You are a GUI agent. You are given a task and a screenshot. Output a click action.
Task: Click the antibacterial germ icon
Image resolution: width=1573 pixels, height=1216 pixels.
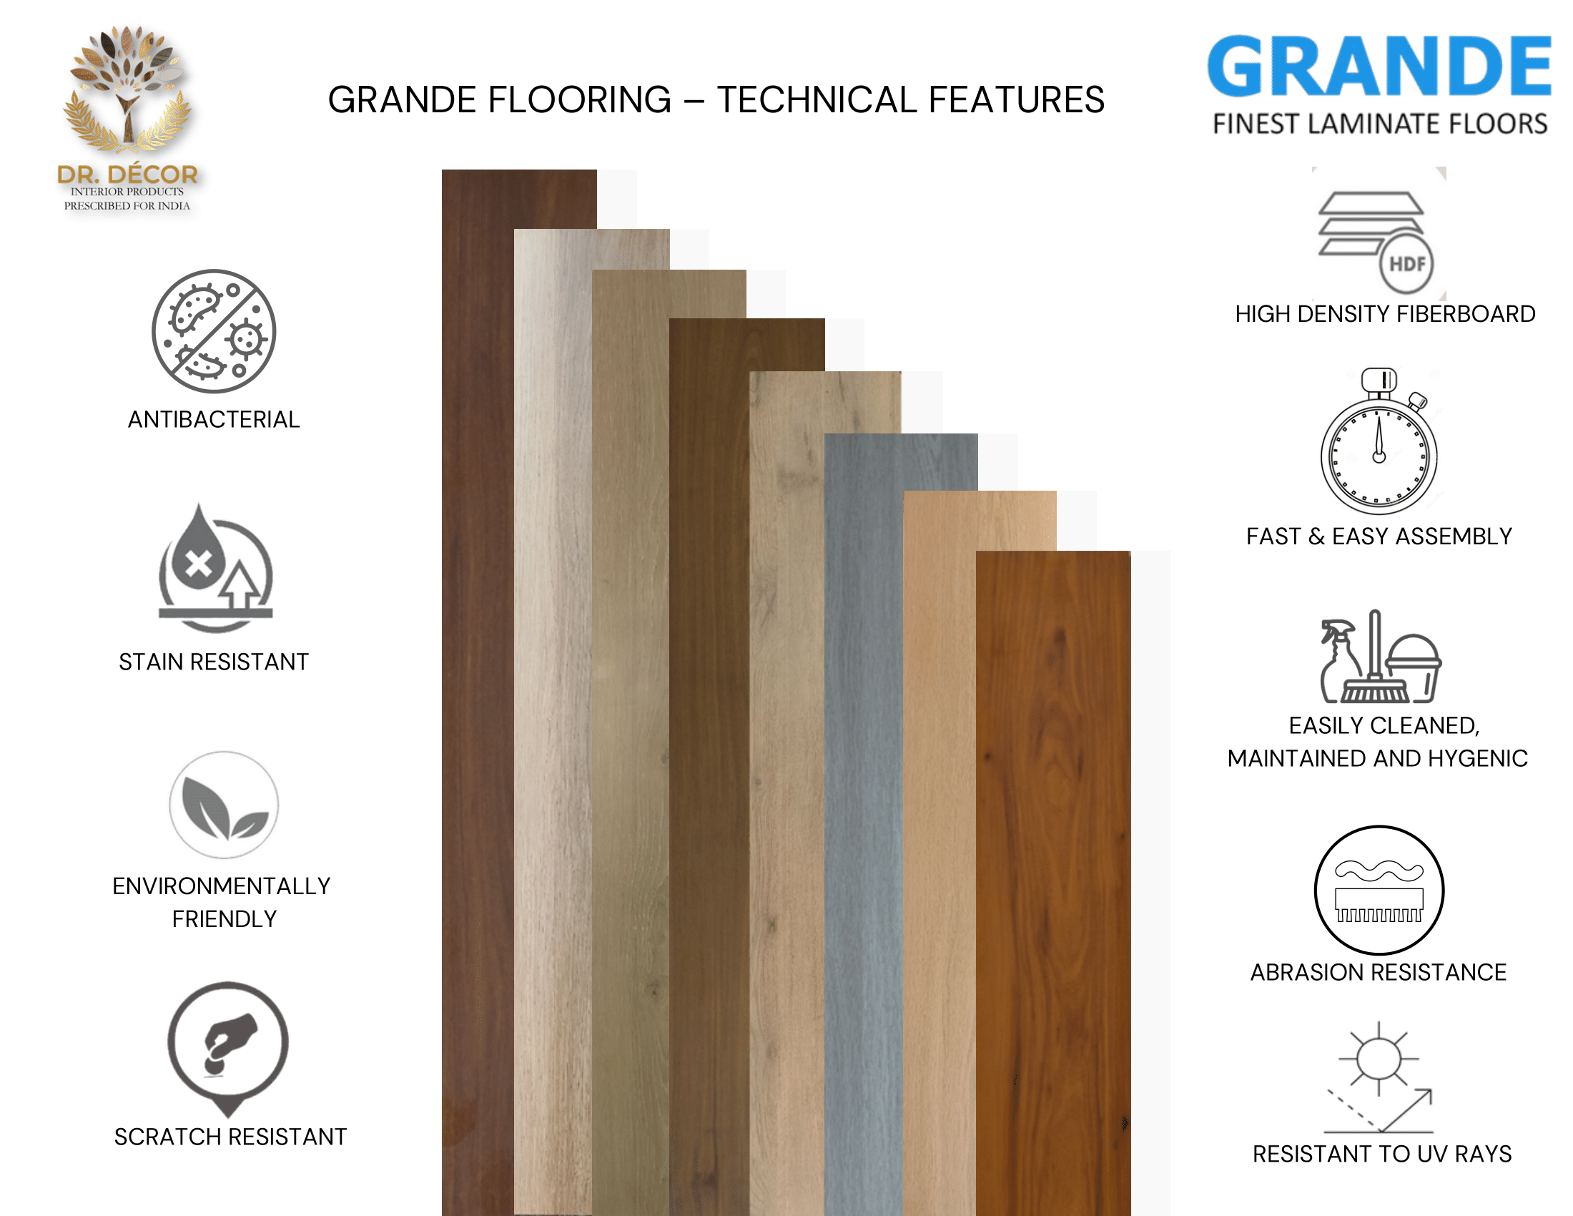[x=214, y=331]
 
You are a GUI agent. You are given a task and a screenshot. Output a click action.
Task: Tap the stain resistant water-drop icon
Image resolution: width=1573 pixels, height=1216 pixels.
[x=215, y=569]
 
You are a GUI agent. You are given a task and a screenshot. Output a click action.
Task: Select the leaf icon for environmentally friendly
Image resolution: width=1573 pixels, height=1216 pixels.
[x=224, y=805]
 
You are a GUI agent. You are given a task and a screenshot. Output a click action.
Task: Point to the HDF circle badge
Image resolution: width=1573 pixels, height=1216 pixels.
[x=1406, y=264]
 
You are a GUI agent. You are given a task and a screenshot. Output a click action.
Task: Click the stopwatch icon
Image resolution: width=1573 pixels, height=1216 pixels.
[x=1379, y=441]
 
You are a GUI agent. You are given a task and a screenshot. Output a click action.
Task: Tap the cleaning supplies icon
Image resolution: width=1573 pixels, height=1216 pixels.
[x=1380, y=656]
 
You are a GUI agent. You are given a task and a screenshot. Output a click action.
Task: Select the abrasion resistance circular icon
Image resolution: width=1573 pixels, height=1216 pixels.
[x=1379, y=891]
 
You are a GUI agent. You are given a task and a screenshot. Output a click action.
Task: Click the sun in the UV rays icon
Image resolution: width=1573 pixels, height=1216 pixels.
[x=1379, y=1059]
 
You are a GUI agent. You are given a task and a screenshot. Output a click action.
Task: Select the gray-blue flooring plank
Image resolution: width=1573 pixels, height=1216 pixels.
[x=864, y=824]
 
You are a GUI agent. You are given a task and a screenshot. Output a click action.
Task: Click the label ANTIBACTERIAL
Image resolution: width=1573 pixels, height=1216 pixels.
[x=214, y=419]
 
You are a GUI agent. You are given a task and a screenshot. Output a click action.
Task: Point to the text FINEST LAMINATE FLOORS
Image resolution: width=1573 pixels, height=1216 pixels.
[x=1380, y=124]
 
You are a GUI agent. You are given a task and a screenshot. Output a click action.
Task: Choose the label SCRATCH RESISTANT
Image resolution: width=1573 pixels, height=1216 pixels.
[x=230, y=1137]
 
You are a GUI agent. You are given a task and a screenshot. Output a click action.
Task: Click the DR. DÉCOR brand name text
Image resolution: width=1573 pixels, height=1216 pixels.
[x=127, y=174]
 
